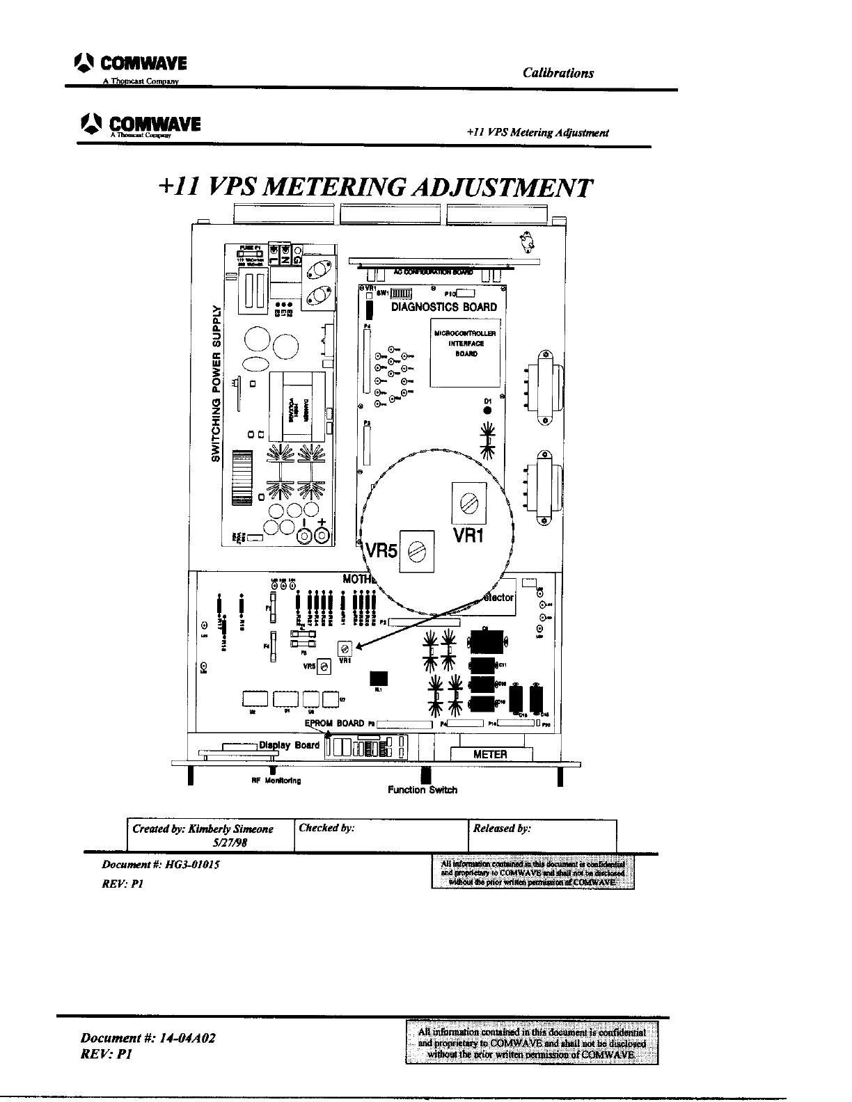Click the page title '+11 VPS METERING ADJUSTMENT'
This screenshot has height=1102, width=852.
(376, 188)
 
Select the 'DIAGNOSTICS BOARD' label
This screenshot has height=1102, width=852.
(444, 307)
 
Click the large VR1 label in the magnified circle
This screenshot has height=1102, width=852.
(473, 535)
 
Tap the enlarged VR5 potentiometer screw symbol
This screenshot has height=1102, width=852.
(417, 551)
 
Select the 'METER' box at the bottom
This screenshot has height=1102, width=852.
(491, 754)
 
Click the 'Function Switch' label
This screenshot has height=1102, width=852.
(423, 790)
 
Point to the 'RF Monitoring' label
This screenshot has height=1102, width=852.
(276, 781)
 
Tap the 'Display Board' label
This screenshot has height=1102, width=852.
(289, 745)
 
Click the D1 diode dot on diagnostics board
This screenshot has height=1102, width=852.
(488, 410)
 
